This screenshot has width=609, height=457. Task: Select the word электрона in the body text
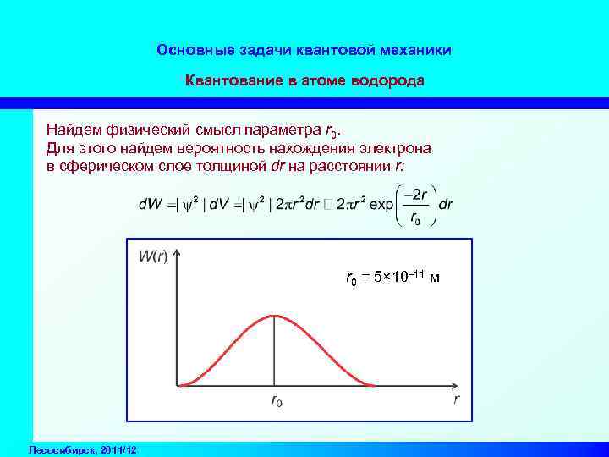tap(392, 148)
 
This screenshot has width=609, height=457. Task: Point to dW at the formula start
tap(148, 206)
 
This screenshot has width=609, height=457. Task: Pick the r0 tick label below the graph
tap(277, 402)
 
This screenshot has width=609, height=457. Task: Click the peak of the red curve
tap(273, 316)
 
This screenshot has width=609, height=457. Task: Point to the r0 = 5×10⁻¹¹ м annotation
tap(391, 278)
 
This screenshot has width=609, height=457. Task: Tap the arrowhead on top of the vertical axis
tap(177, 253)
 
